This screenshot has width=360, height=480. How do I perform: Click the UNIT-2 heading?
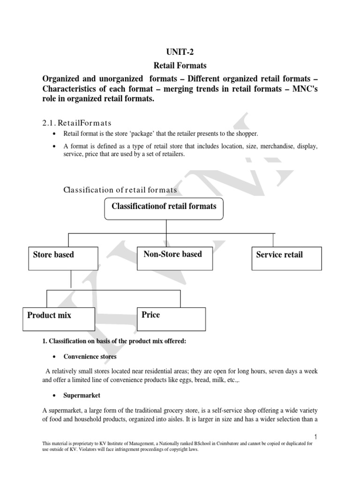[180, 52]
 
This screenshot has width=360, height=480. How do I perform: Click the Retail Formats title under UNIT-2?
[180, 66]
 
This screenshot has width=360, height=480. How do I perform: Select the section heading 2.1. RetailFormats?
[76, 123]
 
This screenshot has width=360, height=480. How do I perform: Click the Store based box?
[63, 258]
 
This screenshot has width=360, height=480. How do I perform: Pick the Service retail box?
[286, 258]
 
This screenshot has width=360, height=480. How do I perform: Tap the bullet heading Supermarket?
[82, 395]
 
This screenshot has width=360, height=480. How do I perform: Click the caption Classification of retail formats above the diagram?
[120, 189]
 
